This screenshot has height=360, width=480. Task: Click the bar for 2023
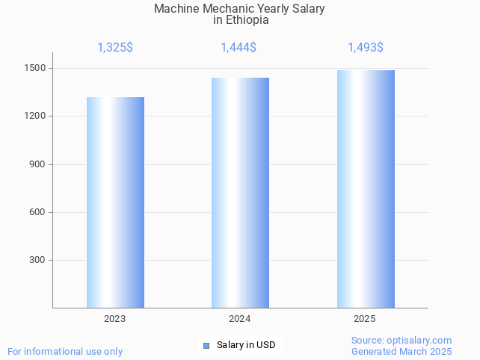point(115,202)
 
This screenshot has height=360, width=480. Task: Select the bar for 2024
point(240,193)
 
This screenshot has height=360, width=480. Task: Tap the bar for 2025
point(366,189)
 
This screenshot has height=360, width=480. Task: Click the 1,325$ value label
point(115,48)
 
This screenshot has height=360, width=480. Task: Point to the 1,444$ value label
point(239,48)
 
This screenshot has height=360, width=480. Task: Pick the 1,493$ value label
point(366,48)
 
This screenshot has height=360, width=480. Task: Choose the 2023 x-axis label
point(115,319)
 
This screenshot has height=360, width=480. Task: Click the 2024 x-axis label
point(240,319)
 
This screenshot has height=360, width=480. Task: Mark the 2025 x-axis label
point(365,319)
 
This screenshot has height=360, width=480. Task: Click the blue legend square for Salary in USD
point(206,345)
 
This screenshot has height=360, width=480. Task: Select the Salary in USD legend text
point(246,345)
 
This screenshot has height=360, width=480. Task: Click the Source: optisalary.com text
point(401,341)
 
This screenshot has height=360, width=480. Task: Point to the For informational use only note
point(65,352)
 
